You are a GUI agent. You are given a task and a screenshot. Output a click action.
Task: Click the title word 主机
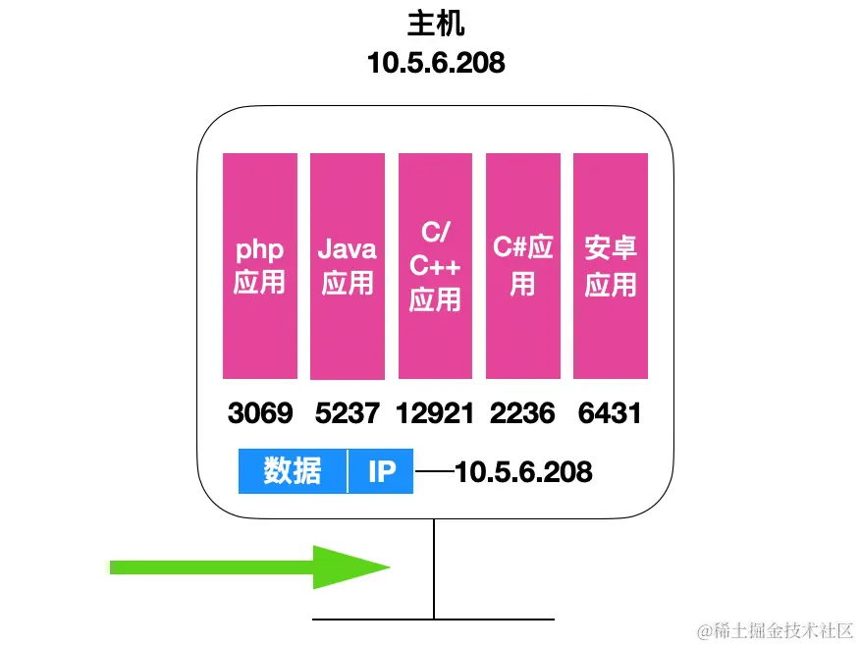click(435, 24)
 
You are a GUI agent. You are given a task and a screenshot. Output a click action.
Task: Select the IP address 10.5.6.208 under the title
click(435, 63)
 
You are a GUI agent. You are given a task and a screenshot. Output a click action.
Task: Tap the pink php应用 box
click(260, 265)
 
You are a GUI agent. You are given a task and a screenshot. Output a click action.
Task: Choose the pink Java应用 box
click(348, 265)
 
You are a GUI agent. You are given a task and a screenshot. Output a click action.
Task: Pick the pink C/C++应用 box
click(435, 265)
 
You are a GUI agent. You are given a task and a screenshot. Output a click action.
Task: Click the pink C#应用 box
click(522, 265)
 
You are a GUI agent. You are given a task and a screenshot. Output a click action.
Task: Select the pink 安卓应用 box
click(611, 265)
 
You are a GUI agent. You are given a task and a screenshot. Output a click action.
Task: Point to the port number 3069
click(260, 413)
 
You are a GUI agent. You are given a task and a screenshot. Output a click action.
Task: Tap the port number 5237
click(348, 413)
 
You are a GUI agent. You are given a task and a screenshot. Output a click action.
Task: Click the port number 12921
click(435, 413)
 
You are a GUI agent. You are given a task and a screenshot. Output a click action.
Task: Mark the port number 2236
click(522, 413)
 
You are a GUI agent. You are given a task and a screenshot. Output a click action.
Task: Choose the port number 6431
click(610, 413)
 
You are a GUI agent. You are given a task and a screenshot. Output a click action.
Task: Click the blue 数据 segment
click(293, 472)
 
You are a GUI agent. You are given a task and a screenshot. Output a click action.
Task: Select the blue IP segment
click(381, 472)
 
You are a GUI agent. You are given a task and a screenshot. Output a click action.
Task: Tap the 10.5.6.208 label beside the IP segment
click(523, 472)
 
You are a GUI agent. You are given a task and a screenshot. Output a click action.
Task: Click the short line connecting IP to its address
click(434, 472)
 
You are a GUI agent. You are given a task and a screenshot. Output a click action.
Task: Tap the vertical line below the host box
click(434, 569)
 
